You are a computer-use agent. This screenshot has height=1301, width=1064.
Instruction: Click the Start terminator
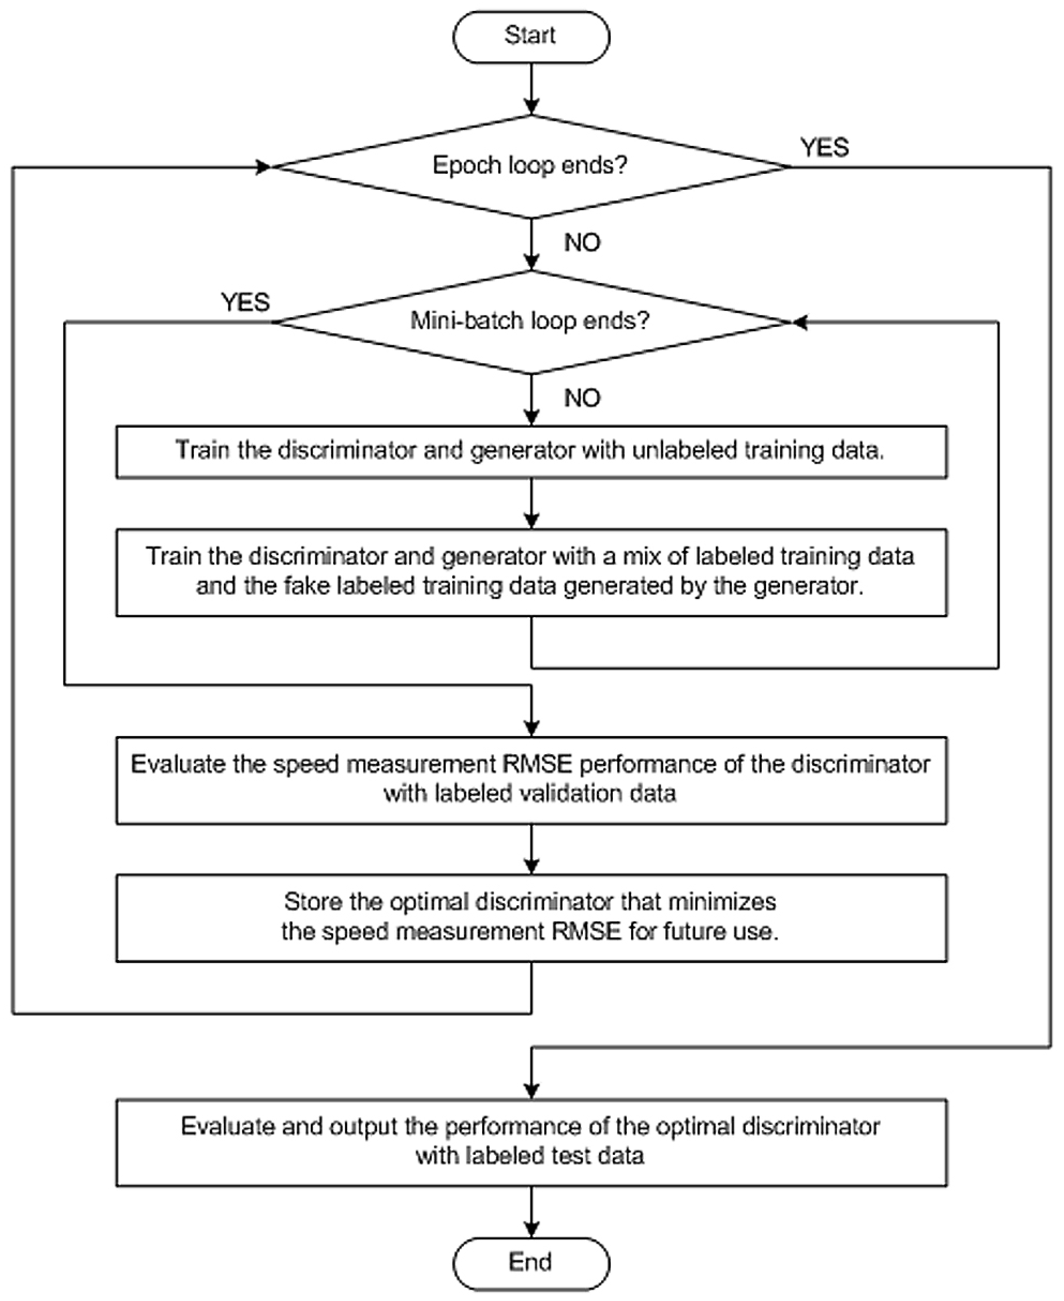pyautogui.click(x=531, y=37)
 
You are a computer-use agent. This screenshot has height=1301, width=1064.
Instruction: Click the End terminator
pyautogui.click(x=531, y=1263)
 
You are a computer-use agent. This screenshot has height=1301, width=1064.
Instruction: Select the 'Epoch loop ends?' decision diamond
pyautogui.click(x=531, y=167)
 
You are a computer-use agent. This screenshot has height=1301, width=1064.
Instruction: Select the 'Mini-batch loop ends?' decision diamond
pyautogui.click(x=531, y=322)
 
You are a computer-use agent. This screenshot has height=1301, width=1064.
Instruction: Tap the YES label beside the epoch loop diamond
pyautogui.click(x=824, y=147)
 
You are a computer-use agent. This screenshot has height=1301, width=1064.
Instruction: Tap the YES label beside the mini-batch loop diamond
pyautogui.click(x=245, y=303)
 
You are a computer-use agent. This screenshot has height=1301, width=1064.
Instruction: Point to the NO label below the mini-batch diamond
pyautogui.click(x=582, y=399)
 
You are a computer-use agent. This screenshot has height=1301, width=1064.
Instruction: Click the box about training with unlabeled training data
pyautogui.click(x=531, y=451)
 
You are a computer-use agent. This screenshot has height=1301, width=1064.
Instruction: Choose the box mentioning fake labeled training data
pyautogui.click(x=531, y=572)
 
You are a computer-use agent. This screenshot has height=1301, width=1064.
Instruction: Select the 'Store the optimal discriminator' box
pyautogui.click(x=531, y=918)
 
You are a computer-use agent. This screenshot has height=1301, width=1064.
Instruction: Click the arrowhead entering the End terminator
pyautogui.click(x=531, y=1230)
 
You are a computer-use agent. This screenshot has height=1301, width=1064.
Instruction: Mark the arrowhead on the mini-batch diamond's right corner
pyautogui.click(x=799, y=322)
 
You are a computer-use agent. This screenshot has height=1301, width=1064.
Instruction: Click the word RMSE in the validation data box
pyautogui.click(x=537, y=764)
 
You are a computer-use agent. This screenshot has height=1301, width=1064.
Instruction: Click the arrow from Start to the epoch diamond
pyautogui.click(x=531, y=89)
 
